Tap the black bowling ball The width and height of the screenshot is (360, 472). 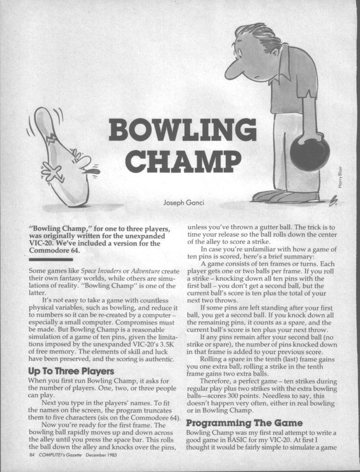coord(310,154)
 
